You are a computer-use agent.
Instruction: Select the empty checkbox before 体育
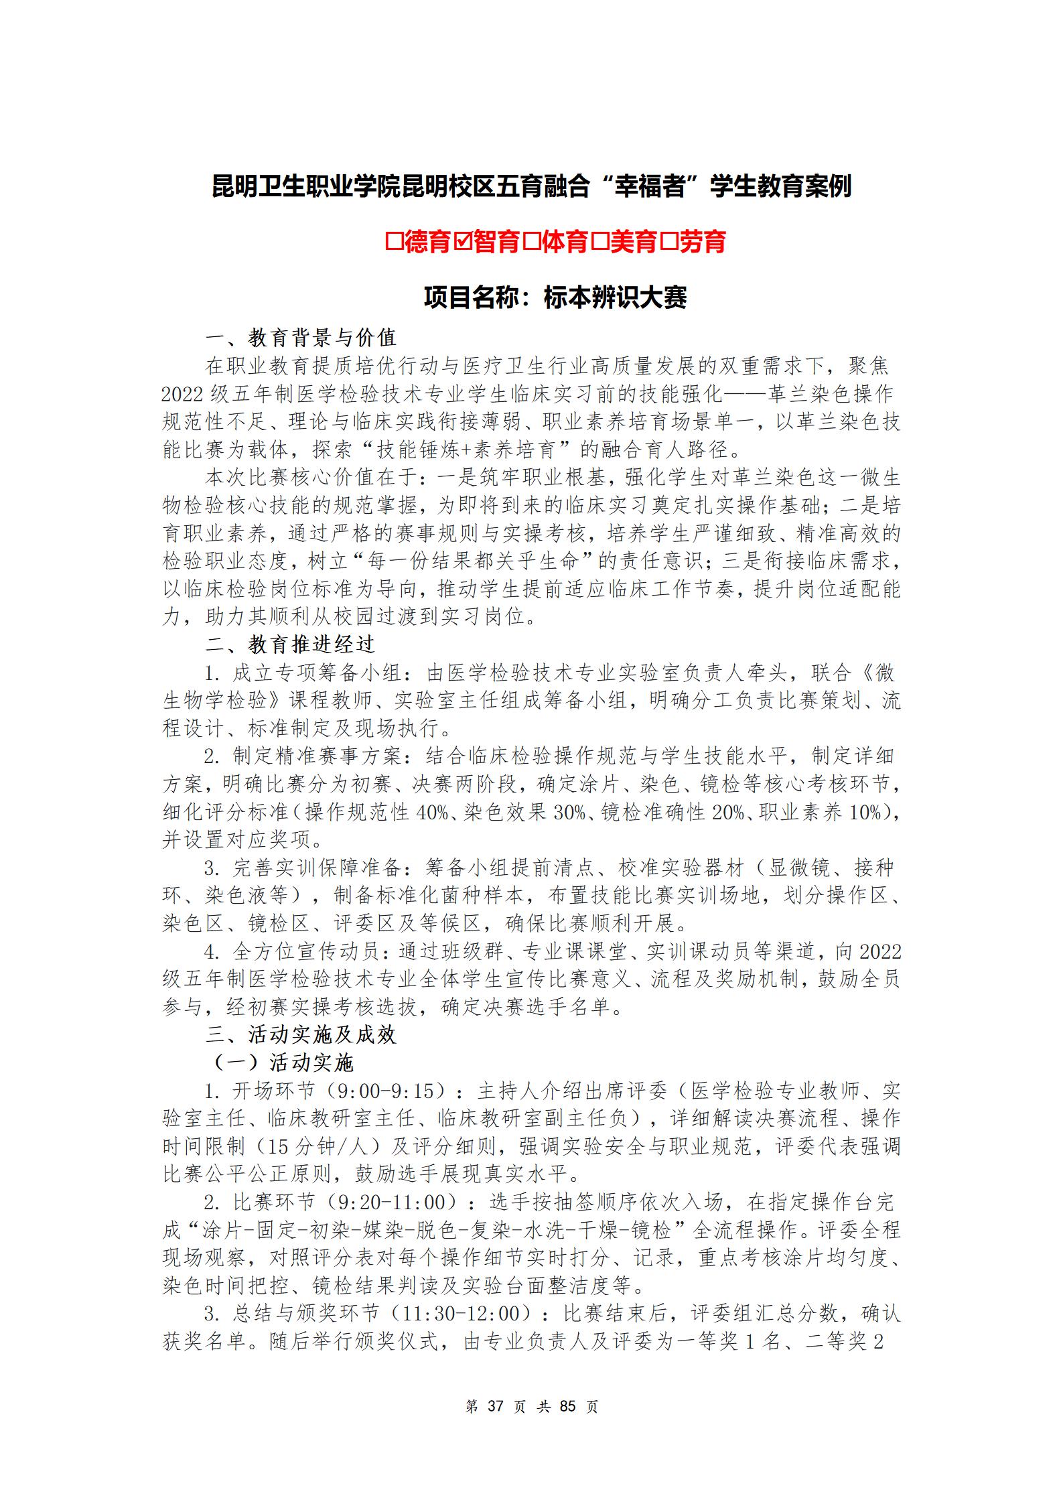(x=532, y=241)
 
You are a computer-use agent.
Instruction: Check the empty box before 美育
(x=601, y=241)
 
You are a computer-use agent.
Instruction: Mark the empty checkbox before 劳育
(x=670, y=241)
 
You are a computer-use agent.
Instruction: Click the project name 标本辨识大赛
(x=615, y=298)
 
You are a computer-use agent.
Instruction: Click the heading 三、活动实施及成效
(x=301, y=1035)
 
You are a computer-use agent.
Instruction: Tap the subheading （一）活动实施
(x=283, y=1063)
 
